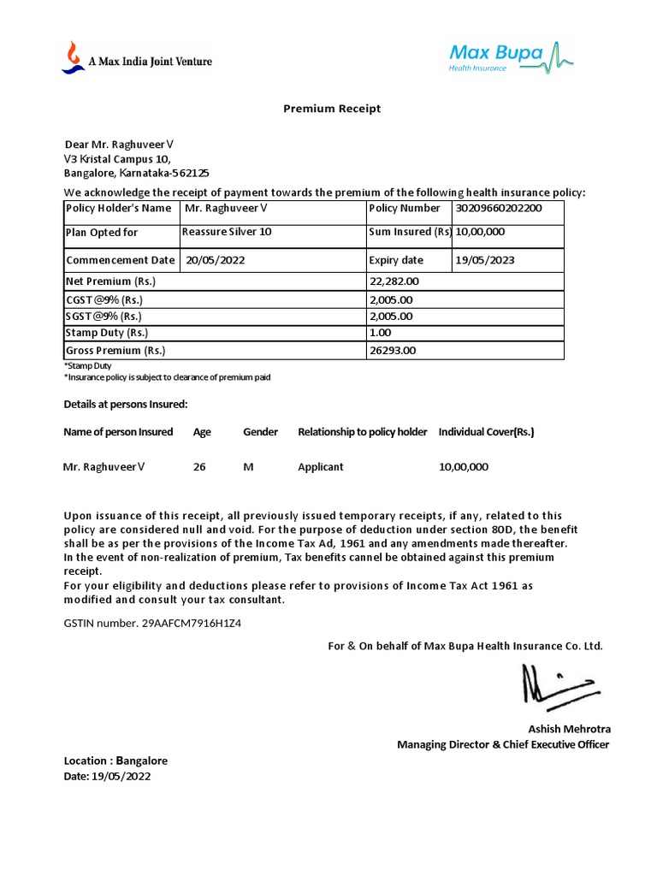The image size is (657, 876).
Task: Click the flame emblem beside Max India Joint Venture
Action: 73,57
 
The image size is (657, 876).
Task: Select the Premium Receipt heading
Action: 332,109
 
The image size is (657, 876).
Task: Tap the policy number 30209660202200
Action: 499,208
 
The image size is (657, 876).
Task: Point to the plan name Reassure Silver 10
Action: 227,232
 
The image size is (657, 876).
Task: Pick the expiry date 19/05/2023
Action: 485,260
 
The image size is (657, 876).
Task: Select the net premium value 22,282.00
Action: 394,281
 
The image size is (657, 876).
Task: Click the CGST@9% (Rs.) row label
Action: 104,299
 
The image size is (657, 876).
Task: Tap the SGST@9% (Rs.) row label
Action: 104,316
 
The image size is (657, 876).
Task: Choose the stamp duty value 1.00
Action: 380,333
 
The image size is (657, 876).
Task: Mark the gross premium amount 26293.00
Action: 393,350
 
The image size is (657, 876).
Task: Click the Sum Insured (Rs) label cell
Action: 410,232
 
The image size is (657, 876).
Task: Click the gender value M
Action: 248,467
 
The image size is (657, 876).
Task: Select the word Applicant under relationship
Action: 321,467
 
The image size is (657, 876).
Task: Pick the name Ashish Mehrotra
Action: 569,729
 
